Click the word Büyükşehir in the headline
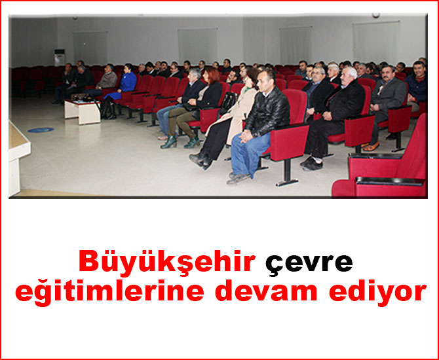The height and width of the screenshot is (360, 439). [167, 262]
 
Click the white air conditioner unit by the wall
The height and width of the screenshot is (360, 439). [60, 58]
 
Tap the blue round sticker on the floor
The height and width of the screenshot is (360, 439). [41, 130]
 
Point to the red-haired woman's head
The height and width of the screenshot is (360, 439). [212, 75]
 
